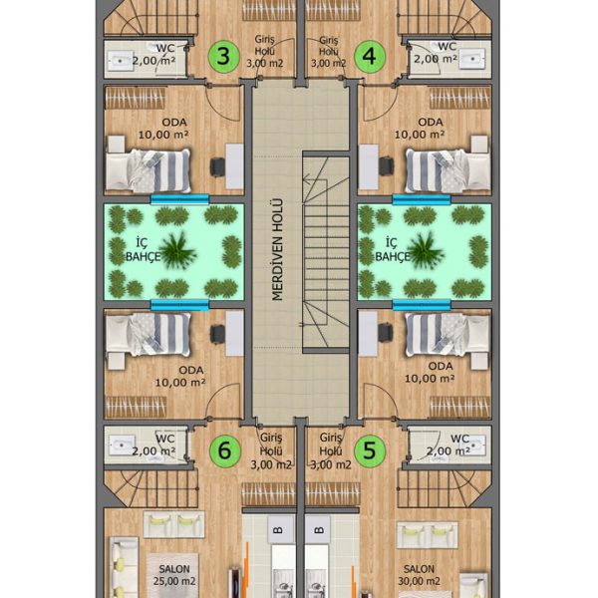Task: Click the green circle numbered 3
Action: (x=224, y=57)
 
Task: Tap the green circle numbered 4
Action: (x=370, y=56)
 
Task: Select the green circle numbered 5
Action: (x=370, y=450)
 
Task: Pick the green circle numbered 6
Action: (x=225, y=450)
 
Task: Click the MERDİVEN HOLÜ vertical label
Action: (x=278, y=250)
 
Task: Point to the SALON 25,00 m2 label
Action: (x=174, y=575)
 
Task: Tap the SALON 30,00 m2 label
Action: (x=419, y=575)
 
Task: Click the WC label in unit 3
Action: (x=165, y=49)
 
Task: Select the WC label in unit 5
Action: (x=459, y=439)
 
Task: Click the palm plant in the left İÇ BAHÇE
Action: (x=176, y=251)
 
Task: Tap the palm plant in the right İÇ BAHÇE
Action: (x=425, y=251)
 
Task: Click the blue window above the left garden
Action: (x=179, y=199)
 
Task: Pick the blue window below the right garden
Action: (x=422, y=305)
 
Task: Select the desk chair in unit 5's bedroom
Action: (x=385, y=333)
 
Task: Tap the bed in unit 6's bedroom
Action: (x=149, y=335)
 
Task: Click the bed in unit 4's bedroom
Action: (x=448, y=170)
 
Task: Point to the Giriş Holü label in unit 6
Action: (x=271, y=451)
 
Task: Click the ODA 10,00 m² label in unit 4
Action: (x=420, y=129)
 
